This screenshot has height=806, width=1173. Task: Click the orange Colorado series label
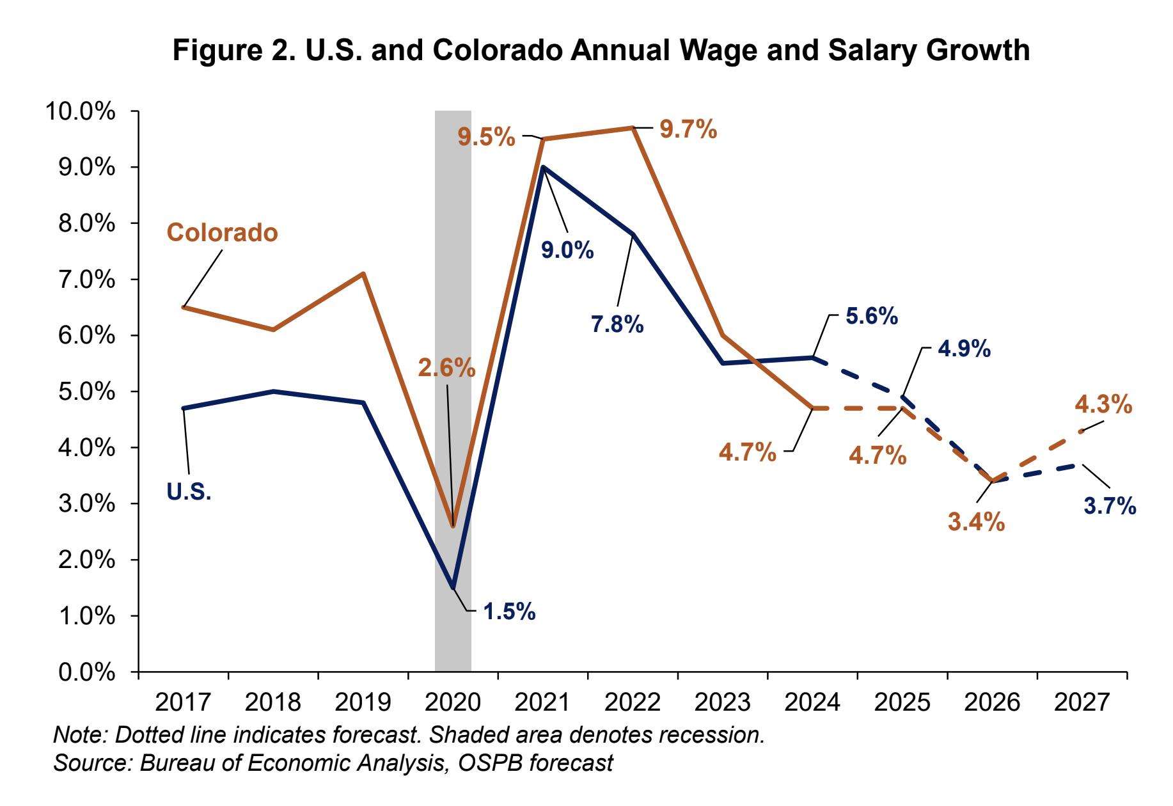(222, 233)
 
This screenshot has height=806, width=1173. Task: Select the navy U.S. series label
(189, 492)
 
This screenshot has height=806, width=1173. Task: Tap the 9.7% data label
(688, 130)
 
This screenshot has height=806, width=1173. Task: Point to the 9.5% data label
(486, 137)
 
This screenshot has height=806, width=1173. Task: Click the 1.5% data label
(508, 612)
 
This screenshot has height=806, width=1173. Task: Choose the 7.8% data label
(617, 325)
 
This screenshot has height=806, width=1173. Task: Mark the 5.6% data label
(871, 316)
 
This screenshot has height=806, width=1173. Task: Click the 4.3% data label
(1104, 405)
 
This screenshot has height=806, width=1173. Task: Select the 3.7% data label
(1110, 507)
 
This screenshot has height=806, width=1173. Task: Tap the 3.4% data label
(976, 523)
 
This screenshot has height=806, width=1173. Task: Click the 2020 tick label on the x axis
(453, 703)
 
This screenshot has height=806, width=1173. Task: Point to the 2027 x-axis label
(1082, 703)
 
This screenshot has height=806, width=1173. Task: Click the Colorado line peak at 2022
(633, 128)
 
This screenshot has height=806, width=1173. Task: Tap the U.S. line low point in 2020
(453, 587)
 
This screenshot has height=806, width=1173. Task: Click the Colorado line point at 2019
(363, 274)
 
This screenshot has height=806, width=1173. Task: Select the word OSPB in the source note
(485, 763)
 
